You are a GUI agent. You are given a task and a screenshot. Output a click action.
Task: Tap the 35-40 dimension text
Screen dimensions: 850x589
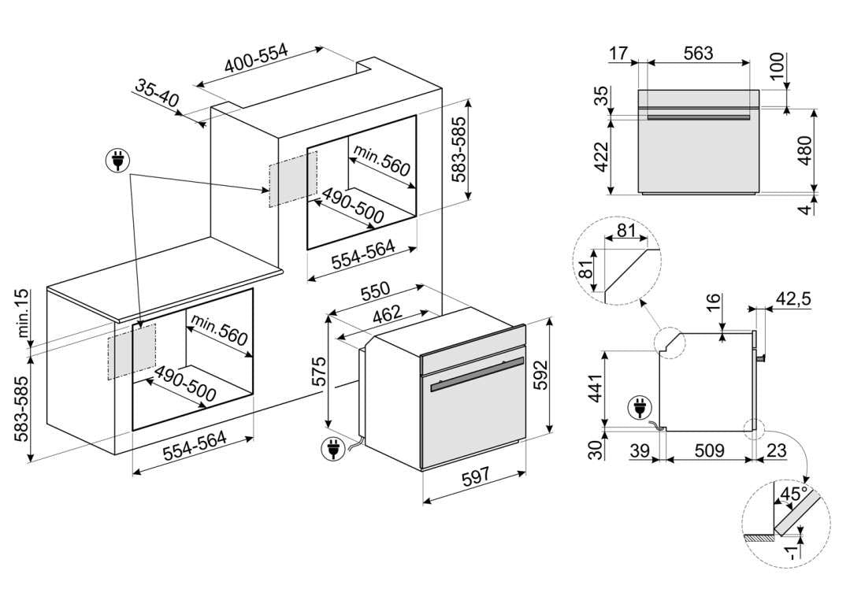(157, 93)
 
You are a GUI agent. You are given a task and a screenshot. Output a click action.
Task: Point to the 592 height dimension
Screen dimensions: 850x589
(541, 375)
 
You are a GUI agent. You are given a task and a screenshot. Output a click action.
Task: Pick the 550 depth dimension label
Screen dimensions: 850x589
(375, 290)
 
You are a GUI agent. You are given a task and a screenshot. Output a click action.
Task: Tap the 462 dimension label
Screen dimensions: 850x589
(388, 313)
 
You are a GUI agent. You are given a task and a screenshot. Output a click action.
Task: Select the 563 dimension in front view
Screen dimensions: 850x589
(698, 53)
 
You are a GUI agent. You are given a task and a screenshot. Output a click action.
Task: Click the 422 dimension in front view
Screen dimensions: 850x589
(602, 157)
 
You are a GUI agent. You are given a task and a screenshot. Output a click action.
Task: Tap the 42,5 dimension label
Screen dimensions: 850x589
(793, 298)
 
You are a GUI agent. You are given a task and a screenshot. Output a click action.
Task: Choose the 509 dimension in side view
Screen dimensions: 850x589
(709, 450)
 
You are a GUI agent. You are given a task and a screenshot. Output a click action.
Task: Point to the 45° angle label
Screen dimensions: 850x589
(792, 495)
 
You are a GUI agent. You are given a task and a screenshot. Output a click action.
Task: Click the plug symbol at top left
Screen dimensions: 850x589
(117, 161)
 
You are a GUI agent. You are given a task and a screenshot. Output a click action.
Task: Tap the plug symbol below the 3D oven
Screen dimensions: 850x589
(333, 449)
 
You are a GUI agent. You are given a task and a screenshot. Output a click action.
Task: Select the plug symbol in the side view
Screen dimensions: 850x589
(640, 407)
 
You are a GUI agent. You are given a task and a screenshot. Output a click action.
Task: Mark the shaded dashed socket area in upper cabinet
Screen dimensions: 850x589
(293, 179)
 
